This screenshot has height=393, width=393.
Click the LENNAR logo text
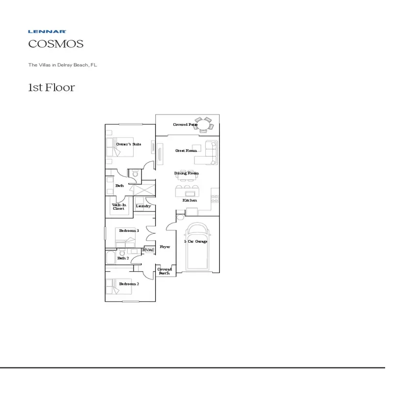click(x=47, y=31)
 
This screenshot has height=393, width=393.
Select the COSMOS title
click(x=56, y=44)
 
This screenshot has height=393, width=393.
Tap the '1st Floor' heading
click(x=51, y=88)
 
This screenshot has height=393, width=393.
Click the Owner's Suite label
click(x=129, y=144)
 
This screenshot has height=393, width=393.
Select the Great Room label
click(x=186, y=150)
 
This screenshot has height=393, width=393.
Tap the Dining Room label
click(x=187, y=173)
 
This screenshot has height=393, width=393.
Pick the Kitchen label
click(x=190, y=200)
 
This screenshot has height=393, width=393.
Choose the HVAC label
click(x=148, y=250)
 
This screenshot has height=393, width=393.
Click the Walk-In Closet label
click(x=118, y=207)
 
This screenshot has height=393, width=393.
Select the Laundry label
click(x=143, y=206)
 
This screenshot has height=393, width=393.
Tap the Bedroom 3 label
click(x=129, y=230)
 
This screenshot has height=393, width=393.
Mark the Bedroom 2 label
click(x=129, y=284)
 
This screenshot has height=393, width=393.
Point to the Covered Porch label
click(x=165, y=271)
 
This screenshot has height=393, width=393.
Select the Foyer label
click(x=165, y=247)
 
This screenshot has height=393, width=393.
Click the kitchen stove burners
click(x=215, y=198)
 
